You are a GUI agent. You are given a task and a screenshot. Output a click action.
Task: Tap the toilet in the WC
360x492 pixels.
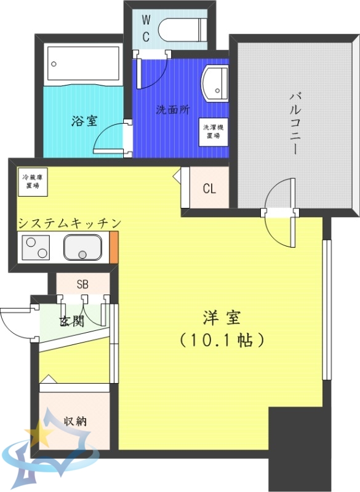(182, 28)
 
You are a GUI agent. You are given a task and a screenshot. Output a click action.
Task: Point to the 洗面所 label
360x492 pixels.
(172, 110)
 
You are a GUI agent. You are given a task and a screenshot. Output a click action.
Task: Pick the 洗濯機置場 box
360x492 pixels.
(214, 132)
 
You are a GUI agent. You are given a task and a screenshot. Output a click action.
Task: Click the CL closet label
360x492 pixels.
(209, 188)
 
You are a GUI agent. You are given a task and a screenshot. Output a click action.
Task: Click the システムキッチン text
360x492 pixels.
(69, 223)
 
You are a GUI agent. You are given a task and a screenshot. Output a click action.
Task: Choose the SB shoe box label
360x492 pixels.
(82, 284)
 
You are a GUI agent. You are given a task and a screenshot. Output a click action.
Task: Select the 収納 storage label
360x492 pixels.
(76, 421)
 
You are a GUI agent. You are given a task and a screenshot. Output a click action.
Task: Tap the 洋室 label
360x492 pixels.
(222, 318)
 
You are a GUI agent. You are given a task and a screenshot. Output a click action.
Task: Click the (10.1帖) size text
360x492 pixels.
(222, 339)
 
